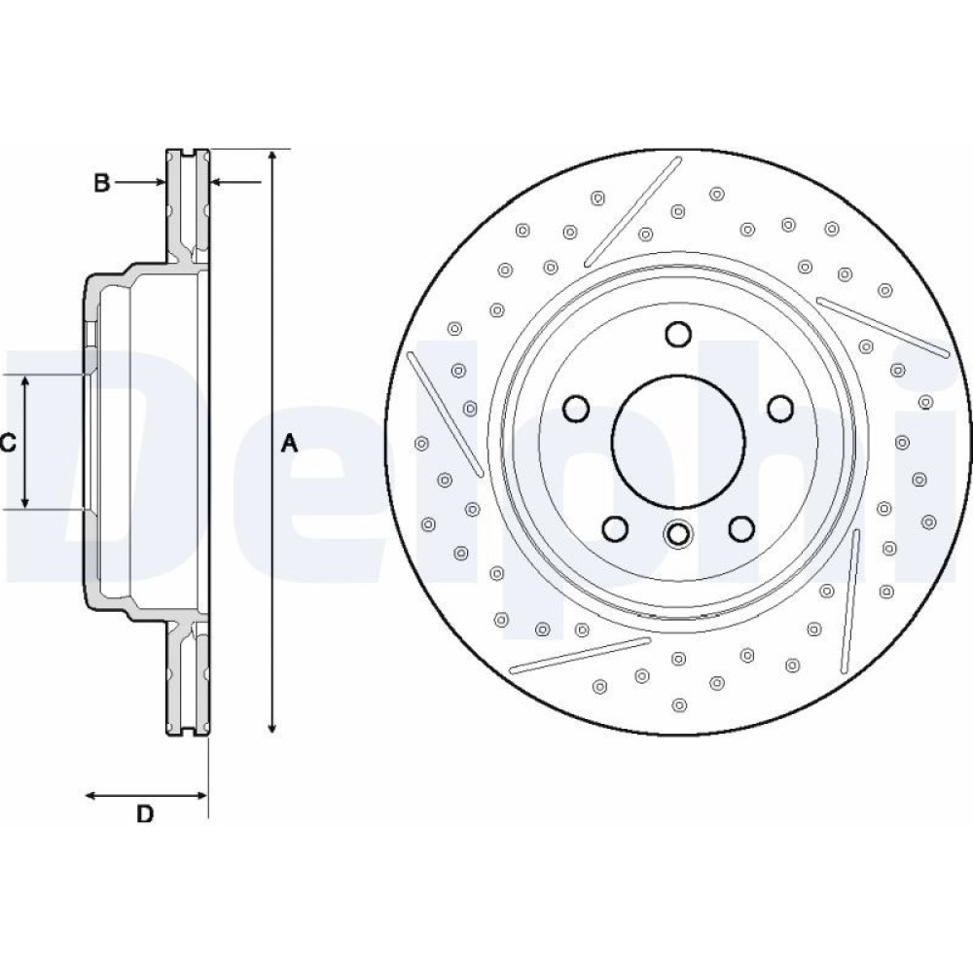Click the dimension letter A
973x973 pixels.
pos(288,444)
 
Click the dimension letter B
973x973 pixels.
pos(101,182)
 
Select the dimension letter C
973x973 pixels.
pos(8,444)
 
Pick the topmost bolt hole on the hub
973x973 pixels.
pos(678,334)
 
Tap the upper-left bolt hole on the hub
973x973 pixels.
pos(576,408)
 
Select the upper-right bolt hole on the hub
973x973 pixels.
pos(780,408)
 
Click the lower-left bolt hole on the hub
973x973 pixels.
pos(615,528)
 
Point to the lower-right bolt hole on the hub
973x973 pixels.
pos(741,528)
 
